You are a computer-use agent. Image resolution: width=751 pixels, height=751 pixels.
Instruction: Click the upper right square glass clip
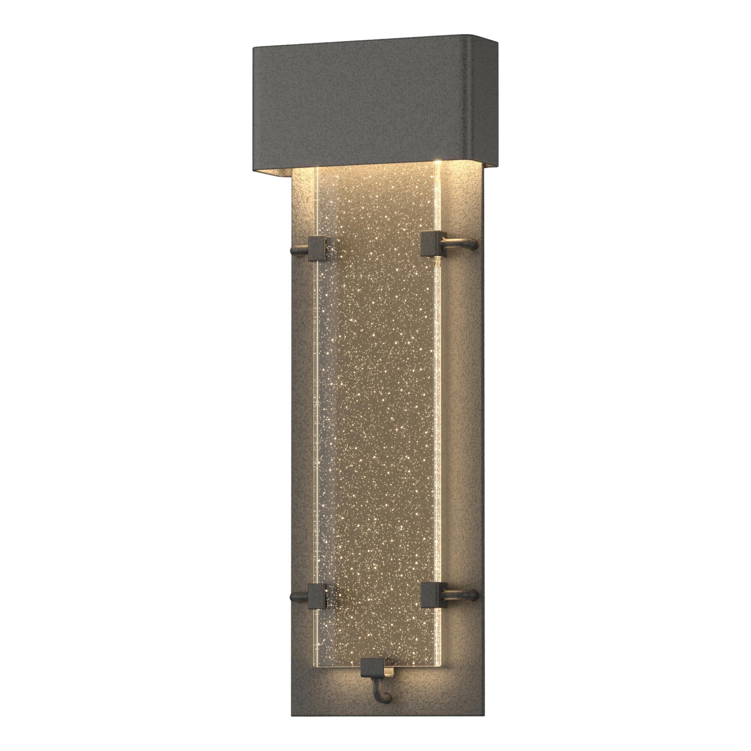(431, 244)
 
